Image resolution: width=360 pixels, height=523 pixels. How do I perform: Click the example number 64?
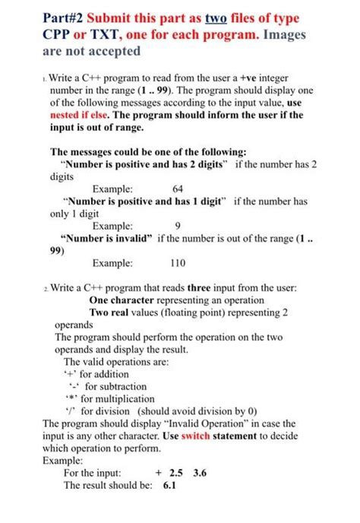point(178,189)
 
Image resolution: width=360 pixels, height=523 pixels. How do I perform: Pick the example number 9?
point(177,226)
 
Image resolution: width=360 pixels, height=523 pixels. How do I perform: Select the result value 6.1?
point(169,485)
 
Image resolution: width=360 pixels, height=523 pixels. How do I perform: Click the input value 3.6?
point(200,473)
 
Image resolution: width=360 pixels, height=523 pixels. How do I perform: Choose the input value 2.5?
point(176,473)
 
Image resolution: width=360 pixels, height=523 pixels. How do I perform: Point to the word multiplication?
point(122,398)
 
